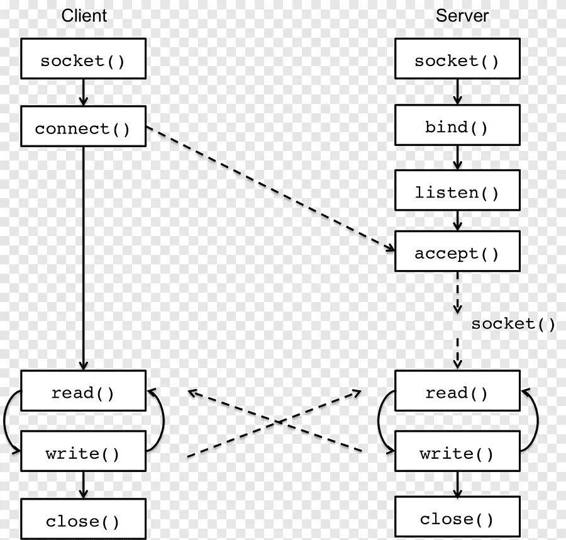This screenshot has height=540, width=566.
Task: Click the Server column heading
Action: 462,16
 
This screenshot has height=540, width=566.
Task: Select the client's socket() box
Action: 83,61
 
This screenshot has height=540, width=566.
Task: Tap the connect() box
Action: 83,129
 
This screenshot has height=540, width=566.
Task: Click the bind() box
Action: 457,128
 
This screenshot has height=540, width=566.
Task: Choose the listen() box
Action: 457,193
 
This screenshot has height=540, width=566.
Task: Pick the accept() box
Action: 457,254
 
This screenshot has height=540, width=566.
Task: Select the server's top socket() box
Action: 457,61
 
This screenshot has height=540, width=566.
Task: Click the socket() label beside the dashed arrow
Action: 513,324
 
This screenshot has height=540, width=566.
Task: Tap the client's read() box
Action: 83,393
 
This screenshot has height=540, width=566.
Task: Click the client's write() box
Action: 83,454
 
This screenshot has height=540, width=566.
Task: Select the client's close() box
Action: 83,522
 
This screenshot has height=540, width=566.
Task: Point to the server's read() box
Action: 457,393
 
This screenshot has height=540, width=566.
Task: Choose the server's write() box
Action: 457,454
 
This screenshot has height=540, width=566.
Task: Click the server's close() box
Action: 457,519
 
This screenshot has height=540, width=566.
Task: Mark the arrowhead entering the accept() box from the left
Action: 391,249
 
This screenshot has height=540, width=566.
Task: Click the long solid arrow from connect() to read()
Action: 83,258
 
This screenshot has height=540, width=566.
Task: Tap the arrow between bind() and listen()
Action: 457,158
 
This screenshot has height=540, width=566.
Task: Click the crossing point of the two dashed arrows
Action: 275,422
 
